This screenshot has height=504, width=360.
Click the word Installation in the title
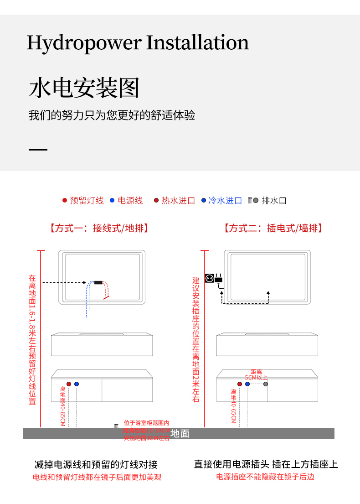point(197,42)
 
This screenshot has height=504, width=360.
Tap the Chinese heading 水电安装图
point(84,88)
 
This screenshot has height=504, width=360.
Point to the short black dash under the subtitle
point(38,150)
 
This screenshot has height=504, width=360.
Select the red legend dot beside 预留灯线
point(65,200)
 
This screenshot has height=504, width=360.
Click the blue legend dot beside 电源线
point(112,200)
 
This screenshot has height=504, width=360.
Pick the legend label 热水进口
point(178,201)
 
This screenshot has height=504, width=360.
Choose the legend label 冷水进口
point(225,201)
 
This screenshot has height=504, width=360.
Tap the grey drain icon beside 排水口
point(254,200)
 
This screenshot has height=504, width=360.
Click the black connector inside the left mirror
point(98,283)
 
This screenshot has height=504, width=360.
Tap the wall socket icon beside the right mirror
point(210,277)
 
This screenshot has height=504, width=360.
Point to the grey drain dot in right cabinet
point(266,384)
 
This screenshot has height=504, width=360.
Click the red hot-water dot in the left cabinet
point(69,384)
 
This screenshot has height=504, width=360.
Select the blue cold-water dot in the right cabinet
point(247,384)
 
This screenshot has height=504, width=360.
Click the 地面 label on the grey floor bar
point(180,434)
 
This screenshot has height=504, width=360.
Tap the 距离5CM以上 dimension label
point(256,375)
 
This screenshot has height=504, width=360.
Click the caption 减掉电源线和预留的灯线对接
point(96,465)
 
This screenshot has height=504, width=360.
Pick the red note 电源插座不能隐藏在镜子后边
point(265,477)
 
